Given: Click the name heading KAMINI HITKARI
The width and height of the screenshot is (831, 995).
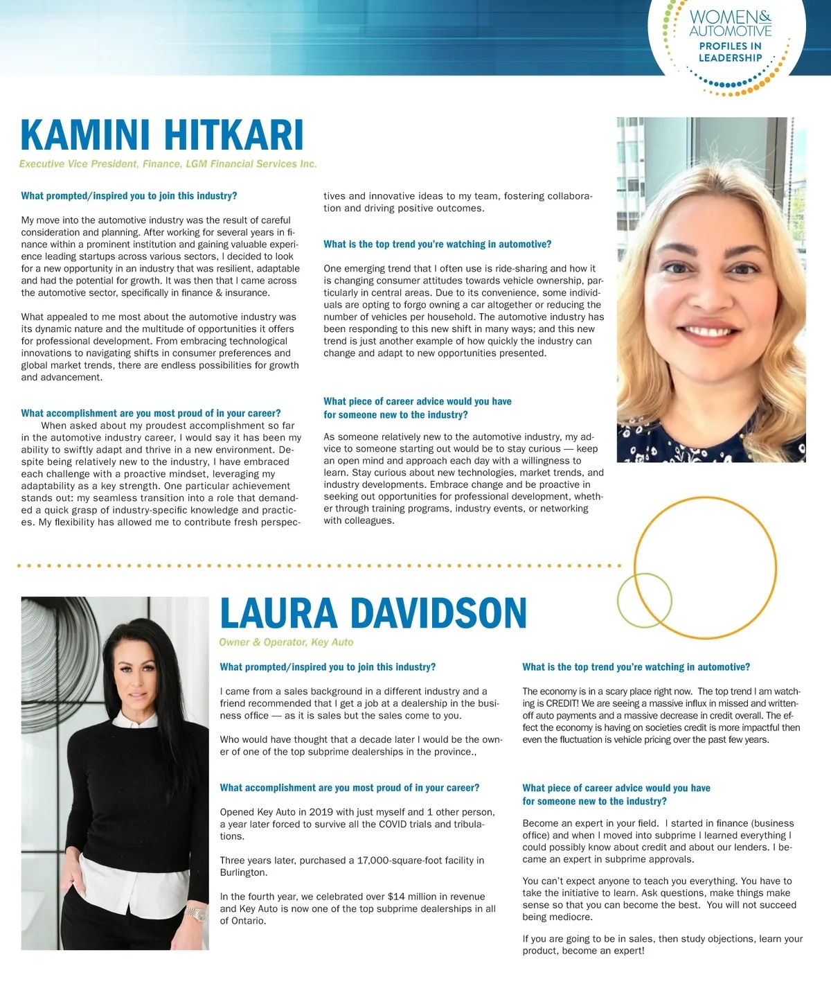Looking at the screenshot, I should (162, 135).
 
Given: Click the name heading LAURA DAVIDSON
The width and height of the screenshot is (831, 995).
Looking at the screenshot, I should (373, 613).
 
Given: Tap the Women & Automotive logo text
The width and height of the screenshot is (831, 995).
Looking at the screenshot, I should (730, 24).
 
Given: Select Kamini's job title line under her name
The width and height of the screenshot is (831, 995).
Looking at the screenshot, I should (168, 164).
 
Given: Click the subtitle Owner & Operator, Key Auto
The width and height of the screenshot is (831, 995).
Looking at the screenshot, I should (286, 642).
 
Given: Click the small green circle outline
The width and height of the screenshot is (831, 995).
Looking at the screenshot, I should (644, 600).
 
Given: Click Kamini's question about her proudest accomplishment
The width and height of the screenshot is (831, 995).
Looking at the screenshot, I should (151, 413).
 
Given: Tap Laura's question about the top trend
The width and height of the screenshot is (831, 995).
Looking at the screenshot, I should (636, 667).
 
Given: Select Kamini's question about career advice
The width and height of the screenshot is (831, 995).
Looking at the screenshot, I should (417, 408).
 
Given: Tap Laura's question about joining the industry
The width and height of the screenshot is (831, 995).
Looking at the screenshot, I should (328, 667).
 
